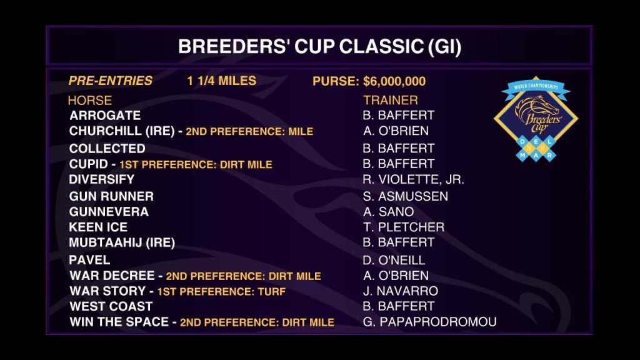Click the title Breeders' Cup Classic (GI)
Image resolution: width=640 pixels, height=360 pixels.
click(319, 46)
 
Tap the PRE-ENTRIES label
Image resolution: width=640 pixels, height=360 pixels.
click(110, 81)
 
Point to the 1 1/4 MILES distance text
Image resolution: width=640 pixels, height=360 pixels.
click(222, 81)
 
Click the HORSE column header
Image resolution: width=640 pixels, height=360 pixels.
click(90, 101)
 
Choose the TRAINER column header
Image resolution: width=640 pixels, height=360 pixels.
click(391, 100)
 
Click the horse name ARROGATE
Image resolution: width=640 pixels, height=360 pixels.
click(105, 116)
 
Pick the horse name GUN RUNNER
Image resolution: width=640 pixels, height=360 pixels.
click(111, 196)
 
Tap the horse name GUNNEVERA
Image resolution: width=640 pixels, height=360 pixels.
click(109, 212)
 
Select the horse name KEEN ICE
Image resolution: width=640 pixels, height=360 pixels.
click(98, 227)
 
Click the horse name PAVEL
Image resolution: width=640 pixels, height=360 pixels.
click(89, 260)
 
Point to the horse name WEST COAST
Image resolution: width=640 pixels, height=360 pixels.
click(111, 306)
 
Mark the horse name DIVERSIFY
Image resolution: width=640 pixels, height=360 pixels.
click(102, 179)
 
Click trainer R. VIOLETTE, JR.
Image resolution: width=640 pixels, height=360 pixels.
click(413, 179)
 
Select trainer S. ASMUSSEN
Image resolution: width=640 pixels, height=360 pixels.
click(405, 196)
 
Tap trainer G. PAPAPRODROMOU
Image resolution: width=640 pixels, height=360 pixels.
click(429, 322)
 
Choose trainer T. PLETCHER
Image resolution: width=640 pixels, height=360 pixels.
click(403, 227)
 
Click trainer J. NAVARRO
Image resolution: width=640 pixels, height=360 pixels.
click(401, 291)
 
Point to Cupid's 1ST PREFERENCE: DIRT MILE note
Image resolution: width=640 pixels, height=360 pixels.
click(196, 164)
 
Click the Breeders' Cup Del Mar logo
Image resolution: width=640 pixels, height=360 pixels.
click(536, 119)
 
